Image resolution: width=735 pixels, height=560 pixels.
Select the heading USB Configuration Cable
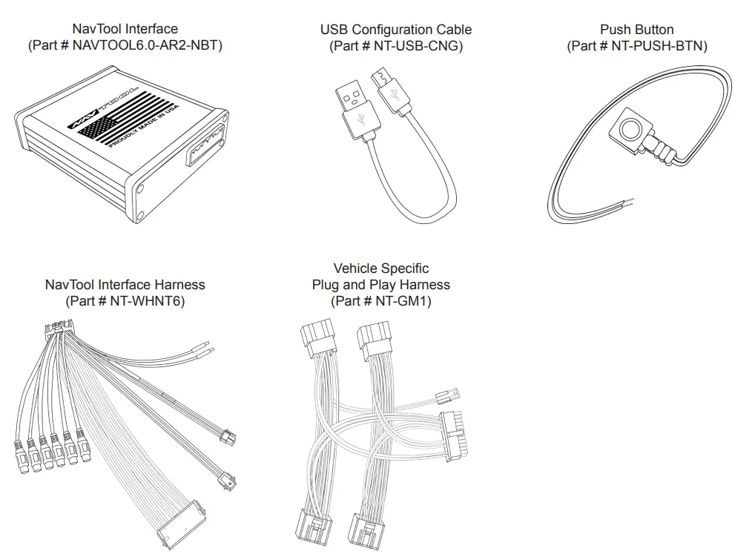tap(395, 30)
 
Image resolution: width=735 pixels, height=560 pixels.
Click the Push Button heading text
tap(636, 30)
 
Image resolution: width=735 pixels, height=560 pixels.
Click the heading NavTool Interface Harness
tap(125, 285)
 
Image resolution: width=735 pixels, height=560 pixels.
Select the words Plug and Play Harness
tap(380, 285)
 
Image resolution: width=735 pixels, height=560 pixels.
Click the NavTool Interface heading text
tap(125, 29)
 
